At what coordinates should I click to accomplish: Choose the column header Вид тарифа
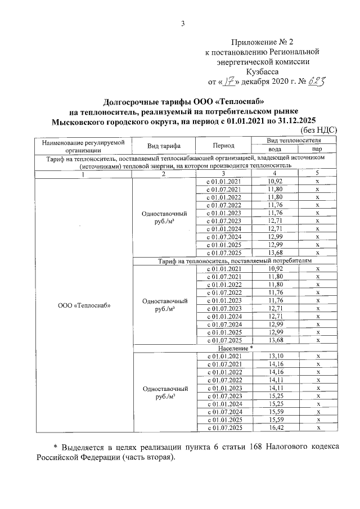click(x=164, y=145)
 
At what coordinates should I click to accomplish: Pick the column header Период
click(x=223, y=145)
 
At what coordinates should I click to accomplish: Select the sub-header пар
click(x=317, y=149)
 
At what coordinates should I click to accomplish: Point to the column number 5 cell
click(x=317, y=174)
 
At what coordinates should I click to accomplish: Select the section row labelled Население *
click(x=234, y=348)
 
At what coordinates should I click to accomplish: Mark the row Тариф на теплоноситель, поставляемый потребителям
click(x=234, y=261)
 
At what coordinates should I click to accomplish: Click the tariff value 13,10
click(x=275, y=356)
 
